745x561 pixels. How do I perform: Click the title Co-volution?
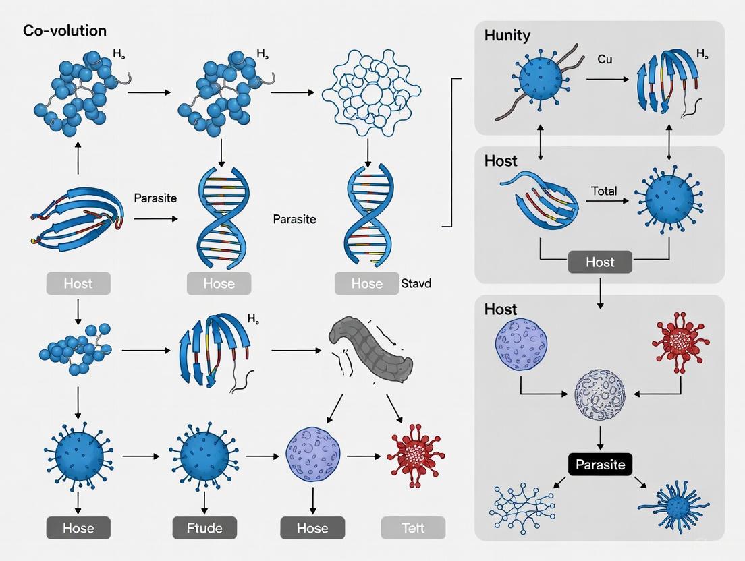click(64, 31)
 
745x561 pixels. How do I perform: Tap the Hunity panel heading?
click(507, 36)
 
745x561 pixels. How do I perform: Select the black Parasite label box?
click(600, 464)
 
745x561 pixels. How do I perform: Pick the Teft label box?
click(413, 527)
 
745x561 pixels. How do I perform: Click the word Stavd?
click(416, 283)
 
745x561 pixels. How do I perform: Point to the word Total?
click(603, 191)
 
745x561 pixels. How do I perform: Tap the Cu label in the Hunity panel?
click(605, 59)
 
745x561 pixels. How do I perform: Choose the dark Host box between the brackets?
click(600, 262)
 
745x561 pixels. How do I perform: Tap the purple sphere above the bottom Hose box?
click(313, 456)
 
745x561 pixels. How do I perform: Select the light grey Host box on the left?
click(78, 283)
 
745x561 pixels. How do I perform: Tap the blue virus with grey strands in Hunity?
click(539, 80)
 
